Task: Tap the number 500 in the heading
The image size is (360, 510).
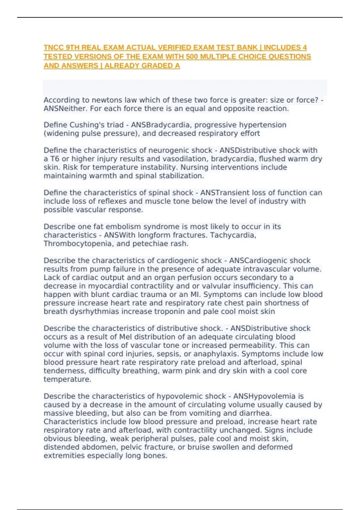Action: coord(190,56)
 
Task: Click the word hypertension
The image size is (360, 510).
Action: coord(266,125)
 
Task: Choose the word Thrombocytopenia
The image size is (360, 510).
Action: coord(77,244)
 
